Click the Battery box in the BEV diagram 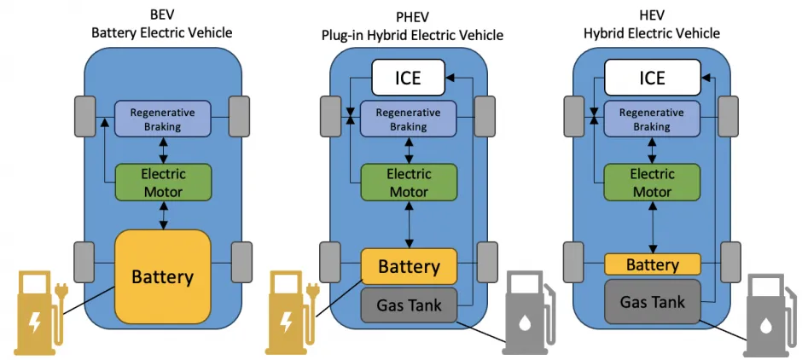click(x=162, y=276)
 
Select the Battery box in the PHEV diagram click(x=409, y=266)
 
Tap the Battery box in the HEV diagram click(x=652, y=264)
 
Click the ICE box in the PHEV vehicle click(x=409, y=78)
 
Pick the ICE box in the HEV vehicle click(x=652, y=78)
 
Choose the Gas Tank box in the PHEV click(x=409, y=305)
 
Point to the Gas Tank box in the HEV click(x=652, y=302)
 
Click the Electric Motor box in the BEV click(x=162, y=181)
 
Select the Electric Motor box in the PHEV click(x=409, y=182)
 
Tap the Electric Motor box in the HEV click(x=652, y=182)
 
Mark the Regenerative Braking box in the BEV click(x=162, y=119)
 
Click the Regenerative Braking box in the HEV click(x=652, y=119)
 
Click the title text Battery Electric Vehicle click(x=162, y=32)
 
